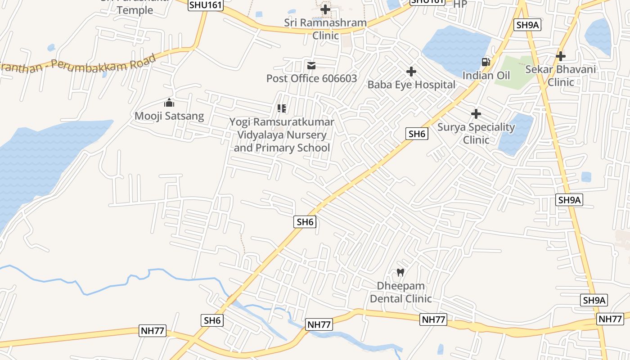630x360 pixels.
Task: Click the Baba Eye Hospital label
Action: click(x=411, y=85)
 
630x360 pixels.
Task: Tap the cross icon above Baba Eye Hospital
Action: click(x=411, y=72)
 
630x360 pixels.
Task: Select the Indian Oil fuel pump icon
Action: click(x=486, y=62)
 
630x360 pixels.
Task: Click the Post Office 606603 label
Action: click(x=311, y=78)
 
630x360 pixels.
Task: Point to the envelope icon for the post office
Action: click(x=311, y=66)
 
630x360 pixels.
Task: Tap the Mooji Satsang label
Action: click(x=169, y=116)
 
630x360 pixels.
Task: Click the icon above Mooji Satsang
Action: click(x=169, y=103)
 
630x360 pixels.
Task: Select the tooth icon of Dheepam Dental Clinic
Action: click(x=400, y=272)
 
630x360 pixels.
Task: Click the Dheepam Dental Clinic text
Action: click(x=400, y=292)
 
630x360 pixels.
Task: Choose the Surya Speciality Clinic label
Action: click(x=476, y=133)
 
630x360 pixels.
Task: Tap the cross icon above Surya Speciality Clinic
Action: click(x=476, y=114)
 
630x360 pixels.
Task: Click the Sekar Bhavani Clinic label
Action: click(x=561, y=76)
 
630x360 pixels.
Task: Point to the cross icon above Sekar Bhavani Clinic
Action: click(x=561, y=56)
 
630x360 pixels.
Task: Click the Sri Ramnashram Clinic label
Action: click(x=325, y=29)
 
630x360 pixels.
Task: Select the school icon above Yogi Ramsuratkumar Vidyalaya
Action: click(x=282, y=108)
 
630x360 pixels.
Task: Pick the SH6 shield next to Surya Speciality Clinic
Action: click(x=417, y=134)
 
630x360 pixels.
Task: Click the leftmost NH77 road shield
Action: click(x=153, y=331)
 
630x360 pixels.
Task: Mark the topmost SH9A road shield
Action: click(x=528, y=25)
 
